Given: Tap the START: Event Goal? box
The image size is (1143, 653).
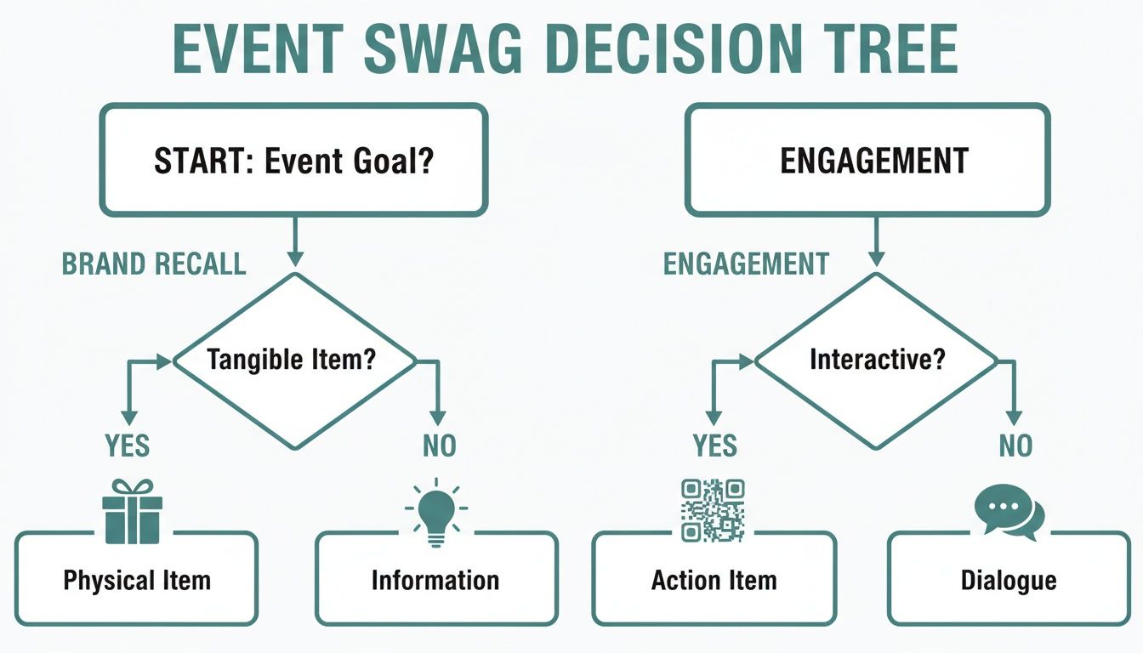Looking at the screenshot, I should (293, 160).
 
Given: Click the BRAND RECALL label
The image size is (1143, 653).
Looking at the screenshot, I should (154, 264).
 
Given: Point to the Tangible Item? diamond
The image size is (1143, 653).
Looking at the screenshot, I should (294, 360).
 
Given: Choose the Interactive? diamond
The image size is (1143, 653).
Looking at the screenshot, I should (877, 360).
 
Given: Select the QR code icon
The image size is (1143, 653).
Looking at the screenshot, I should (714, 510).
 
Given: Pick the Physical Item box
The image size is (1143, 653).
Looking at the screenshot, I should (136, 580).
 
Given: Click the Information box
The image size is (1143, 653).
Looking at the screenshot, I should (435, 580).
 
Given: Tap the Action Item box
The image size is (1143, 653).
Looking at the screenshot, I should (714, 580).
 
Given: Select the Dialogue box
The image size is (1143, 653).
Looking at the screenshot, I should (1009, 580).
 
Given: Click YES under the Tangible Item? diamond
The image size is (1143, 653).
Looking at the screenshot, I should (128, 445).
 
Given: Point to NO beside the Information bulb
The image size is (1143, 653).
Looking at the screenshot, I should (439, 445).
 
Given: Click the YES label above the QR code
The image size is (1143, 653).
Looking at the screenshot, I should (714, 445).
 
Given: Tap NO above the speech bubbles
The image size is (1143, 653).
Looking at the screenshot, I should (1015, 445).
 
